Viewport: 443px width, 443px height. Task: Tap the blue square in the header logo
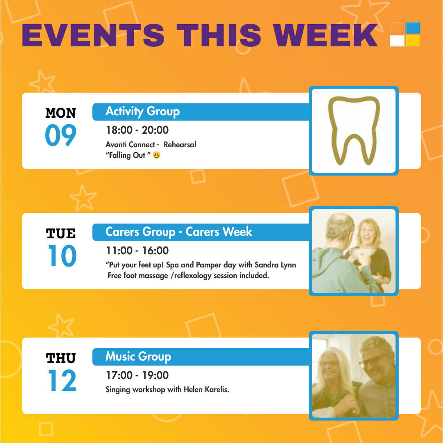coord(413,28)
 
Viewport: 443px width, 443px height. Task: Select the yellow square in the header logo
coord(413,41)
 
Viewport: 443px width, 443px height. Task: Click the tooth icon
coord(354,130)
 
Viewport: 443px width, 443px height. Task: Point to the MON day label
coord(61,113)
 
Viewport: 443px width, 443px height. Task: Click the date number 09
coord(61,135)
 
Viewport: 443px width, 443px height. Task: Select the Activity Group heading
coord(142,111)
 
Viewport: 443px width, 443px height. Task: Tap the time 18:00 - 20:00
coord(137,130)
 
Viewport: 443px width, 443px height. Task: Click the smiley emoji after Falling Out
coord(157,155)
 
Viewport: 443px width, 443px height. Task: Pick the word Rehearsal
coord(180,145)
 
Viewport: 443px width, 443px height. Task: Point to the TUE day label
coord(61,234)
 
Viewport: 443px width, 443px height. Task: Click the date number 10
coord(62,256)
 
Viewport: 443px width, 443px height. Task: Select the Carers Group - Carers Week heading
coord(178,232)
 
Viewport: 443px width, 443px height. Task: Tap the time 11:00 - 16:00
coord(137,251)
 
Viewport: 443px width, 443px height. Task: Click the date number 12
coord(62,380)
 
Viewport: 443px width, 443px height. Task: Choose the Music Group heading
coord(138,356)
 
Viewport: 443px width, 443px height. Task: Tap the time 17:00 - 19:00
coord(137,375)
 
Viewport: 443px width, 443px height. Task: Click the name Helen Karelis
coord(206,390)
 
